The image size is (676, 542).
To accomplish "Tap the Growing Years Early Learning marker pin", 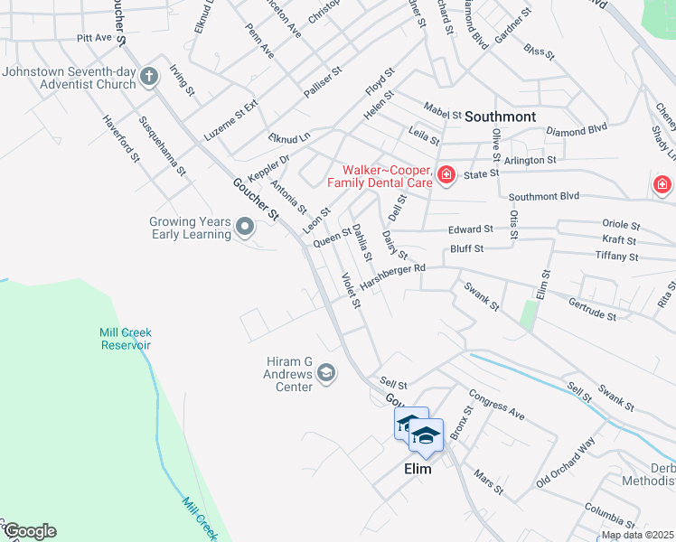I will (245, 227).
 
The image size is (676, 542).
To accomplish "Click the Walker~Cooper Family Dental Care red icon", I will (446, 174).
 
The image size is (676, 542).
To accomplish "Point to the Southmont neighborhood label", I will (500, 117).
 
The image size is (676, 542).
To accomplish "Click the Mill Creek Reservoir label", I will (125, 339).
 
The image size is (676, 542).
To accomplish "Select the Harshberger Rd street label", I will (392, 276).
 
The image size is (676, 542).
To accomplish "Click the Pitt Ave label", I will (94, 38).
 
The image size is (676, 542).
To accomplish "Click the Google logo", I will (30, 531).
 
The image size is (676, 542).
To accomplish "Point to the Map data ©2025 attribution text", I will (637, 535).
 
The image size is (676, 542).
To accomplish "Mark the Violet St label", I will (351, 290).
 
